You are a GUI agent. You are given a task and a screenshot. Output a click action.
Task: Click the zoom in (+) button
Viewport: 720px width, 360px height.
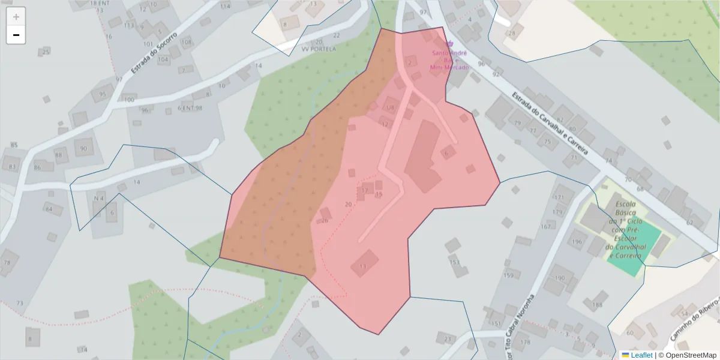point(16,17)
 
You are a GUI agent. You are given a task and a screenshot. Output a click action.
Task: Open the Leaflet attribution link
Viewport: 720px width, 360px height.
point(641,355)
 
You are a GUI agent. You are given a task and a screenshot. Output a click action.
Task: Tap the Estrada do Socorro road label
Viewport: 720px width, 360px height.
point(154,53)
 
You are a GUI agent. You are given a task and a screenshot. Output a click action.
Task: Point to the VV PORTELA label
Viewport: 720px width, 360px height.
point(319,49)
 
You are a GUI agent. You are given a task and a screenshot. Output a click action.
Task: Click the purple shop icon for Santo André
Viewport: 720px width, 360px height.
point(450,43)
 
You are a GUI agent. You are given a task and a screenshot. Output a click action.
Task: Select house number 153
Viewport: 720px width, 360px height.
point(455,262)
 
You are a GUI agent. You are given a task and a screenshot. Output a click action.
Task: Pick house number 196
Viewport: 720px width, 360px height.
point(577,242)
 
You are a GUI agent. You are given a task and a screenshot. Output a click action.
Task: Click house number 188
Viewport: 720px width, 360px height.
point(597,305)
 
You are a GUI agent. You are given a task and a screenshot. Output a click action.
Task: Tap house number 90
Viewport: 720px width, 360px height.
point(83,148)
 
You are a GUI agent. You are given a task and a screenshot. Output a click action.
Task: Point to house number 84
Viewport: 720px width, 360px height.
point(49,209)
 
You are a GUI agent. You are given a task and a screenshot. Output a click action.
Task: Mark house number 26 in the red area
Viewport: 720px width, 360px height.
point(325,220)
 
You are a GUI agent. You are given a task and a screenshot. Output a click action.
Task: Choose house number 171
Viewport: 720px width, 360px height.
point(559,197)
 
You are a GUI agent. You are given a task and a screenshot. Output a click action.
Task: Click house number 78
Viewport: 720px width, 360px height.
point(7,263)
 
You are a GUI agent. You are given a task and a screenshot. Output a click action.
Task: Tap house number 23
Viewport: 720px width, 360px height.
point(448,339)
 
